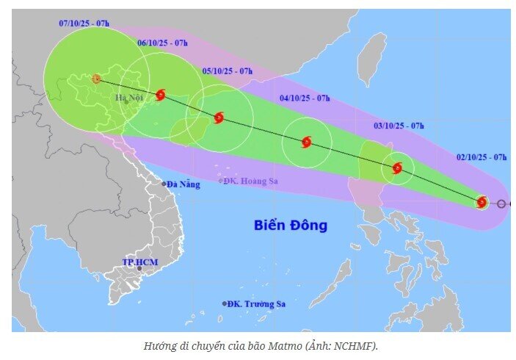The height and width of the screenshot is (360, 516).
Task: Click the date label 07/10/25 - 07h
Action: pos(84,24)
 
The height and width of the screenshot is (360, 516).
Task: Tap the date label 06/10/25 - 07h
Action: pos(162,43)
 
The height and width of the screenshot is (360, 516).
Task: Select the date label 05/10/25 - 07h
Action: pos(228,71)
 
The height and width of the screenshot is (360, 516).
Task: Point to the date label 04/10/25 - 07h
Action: pos(305,98)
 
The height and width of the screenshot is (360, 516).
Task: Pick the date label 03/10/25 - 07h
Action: pos(399,126)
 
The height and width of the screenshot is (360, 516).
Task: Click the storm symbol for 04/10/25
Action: pos(306,142)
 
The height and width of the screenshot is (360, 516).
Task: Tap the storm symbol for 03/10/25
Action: pos(397,168)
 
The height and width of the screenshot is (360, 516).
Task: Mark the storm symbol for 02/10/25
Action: pos(482,202)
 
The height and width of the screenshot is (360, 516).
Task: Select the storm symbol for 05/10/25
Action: pos(218,118)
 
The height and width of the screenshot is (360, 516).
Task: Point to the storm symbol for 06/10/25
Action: pos(161,95)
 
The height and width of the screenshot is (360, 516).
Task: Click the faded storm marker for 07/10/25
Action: pos(95,78)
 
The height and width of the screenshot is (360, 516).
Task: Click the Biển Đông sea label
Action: pos(291,225)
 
